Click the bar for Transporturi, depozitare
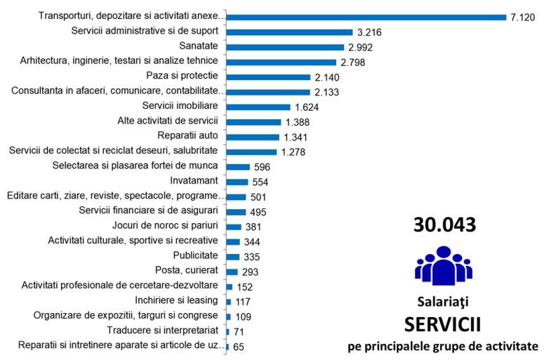pos(366,17)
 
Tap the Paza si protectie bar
pos(268,77)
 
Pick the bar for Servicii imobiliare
pos(258,107)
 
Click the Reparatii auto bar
pos(253,137)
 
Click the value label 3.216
pos(370,32)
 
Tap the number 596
pos(261,167)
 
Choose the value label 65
pos(239,347)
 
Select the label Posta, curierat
pos(187,270)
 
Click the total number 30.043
pos(445,225)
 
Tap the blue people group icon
pos(444,265)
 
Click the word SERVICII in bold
pos(444,324)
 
